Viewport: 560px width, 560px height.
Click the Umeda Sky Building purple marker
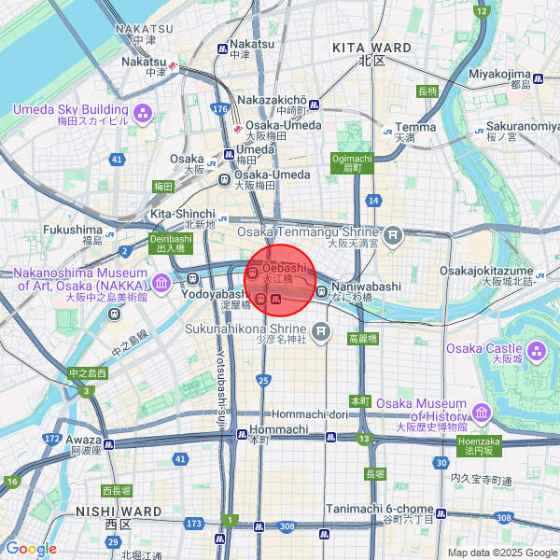click(x=142, y=114)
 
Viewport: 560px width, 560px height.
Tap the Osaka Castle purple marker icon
click(x=536, y=352)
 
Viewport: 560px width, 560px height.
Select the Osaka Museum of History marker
click(x=481, y=412)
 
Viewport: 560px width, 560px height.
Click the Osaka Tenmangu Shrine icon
click(x=393, y=233)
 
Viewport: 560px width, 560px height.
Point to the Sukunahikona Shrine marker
click(x=321, y=330)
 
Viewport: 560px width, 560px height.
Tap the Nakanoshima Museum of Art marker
click(x=162, y=281)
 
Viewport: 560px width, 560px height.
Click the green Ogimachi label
click(x=352, y=163)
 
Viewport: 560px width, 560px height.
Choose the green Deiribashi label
click(x=170, y=244)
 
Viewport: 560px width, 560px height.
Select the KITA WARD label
click(x=372, y=47)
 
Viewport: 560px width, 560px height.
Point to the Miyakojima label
click(x=499, y=73)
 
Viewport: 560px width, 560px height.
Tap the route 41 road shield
click(x=117, y=160)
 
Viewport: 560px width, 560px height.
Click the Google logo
click(x=32, y=549)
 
